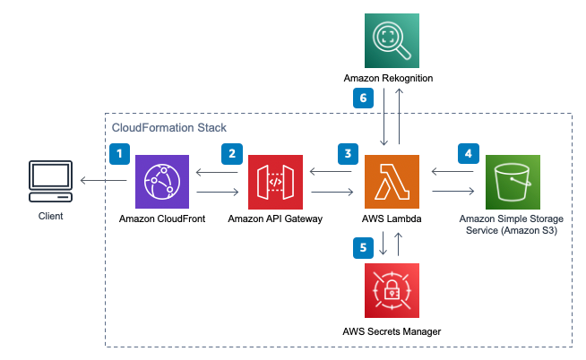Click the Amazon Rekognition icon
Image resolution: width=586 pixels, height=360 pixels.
[392, 40]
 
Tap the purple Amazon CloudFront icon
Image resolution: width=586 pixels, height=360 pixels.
[162, 182]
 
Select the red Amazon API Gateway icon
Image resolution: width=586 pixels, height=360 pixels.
[275, 182]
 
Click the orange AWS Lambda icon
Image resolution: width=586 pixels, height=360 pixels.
[392, 182]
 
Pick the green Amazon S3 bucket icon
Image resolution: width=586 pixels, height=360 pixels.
[513, 182]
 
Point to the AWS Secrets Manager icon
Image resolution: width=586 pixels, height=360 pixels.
[392, 290]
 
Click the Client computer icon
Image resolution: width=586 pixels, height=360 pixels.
[51, 182]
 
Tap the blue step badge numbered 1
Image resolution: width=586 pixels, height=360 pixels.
[119, 154]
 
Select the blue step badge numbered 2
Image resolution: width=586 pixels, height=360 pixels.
[232, 154]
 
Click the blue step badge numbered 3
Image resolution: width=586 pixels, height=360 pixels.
[348, 154]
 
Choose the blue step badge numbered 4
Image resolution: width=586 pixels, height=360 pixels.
[469, 153]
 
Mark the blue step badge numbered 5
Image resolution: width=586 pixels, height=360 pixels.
[363, 248]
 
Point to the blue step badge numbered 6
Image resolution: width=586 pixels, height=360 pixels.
[363, 98]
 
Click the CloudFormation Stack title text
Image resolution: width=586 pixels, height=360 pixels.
[169, 128]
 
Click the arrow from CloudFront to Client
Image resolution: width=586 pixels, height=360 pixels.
[104, 180]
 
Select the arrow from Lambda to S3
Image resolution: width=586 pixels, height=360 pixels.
[453, 192]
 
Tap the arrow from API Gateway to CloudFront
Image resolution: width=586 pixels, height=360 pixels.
[217, 172]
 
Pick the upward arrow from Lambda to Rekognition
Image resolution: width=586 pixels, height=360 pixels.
[399, 116]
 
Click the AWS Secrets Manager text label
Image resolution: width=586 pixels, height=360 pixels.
[392, 331]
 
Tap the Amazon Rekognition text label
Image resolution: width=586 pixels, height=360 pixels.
[388, 78]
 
